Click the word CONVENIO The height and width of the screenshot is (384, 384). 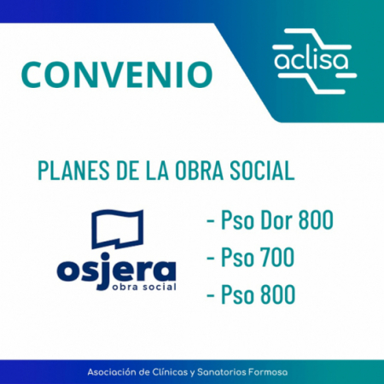point(117,74)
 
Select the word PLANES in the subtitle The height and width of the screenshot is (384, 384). point(73,171)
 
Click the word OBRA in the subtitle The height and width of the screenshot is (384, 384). point(199,171)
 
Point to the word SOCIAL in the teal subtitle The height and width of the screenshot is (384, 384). point(262,171)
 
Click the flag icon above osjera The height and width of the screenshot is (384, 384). point(117,230)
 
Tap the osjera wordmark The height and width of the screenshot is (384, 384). point(116,271)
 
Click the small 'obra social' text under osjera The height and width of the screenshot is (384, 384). point(144,287)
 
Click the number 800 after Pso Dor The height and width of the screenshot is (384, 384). point(316,220)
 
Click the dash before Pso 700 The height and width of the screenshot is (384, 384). point(211,259)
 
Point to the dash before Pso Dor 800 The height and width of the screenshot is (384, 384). point(211,221)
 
